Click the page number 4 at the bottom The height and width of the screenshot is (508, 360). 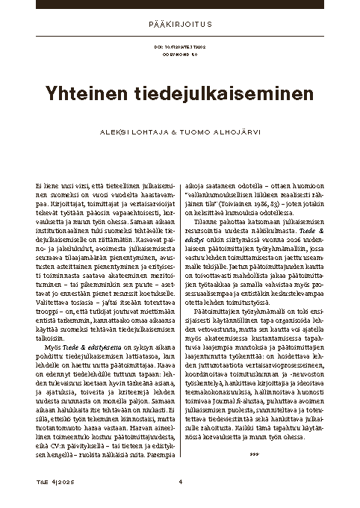tap(180, 480)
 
